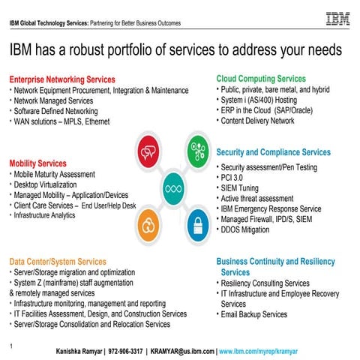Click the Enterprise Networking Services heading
coord(62,79)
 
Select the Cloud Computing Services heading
coord(261,78)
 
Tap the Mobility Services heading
coord(37,163)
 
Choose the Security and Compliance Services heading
coord(273,152)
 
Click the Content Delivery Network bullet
coord(258,121)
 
